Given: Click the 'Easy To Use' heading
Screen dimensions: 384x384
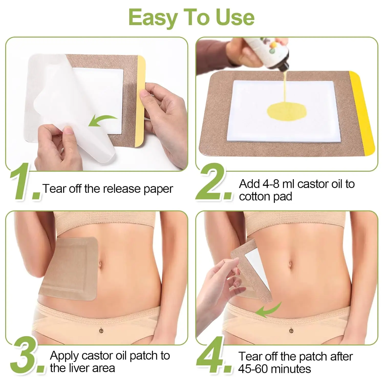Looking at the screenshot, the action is point(191,17).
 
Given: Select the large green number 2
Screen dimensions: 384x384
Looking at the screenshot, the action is point(215,183).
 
